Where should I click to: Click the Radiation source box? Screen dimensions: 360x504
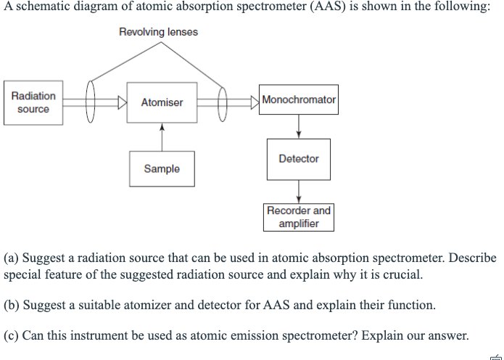[x=33, y=102]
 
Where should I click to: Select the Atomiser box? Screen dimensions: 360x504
[x=162, y=102]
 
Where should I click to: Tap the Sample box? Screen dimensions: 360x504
[x=162, y=168]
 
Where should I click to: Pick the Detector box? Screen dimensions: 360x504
[x=298, y=158]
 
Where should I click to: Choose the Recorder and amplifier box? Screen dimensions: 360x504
[x=298, y=217]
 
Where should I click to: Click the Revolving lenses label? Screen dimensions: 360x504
[x=158, y=32]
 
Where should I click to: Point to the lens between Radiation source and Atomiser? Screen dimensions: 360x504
[x=91, y=102]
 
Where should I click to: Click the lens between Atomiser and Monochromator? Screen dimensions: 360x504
[x=223, y=102]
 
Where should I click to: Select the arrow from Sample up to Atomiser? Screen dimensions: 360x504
[x=162, y=137]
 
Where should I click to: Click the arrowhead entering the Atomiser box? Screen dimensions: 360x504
[x=122, y=102]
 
